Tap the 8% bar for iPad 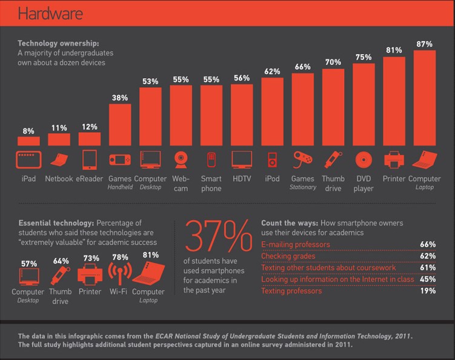pyautogui.click(x=28, y=141)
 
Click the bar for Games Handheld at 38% pyautogui.click(x=120, y=125)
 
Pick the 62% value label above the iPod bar pyautogui.click(x=272, y=72)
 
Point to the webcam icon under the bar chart pyautogui.click(x=181, y=159)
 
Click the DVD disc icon pyautogui.click(x=363, y=159)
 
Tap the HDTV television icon pyautogui.click(x=241, y=159)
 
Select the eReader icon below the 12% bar pyautogui.click(x=89, y=159)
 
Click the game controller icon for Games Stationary pyautogui.click(x=302, y=159)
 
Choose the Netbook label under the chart pyautogui.click(x=59, y=179)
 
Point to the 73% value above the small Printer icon pyautogui.click(x=91, y=258)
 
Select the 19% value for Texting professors pyautogui.click(x=427, y=291)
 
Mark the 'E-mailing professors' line pyautogui.click(x=295, y=245)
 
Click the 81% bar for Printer pyautogui.click(x=393, y=102)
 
